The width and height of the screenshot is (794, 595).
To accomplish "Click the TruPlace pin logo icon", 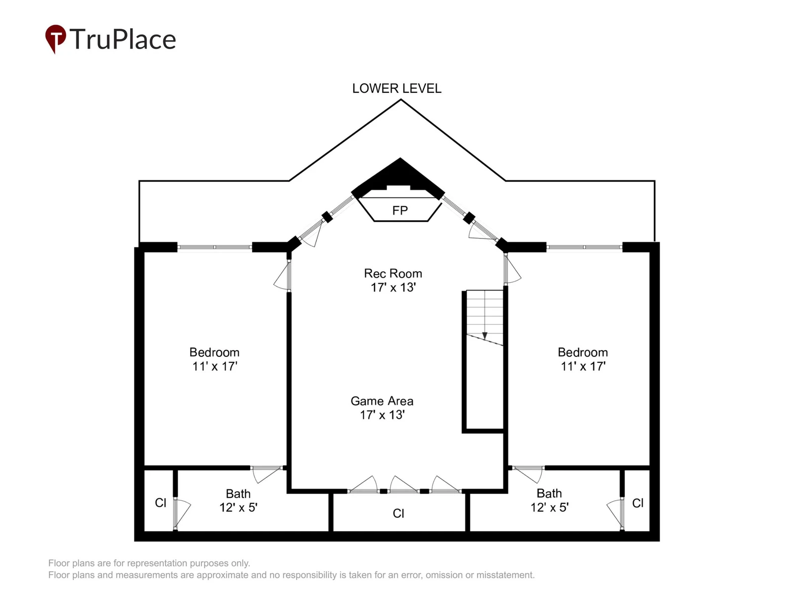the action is click(56, 38).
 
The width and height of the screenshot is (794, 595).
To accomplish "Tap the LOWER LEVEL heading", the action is click(397, 89).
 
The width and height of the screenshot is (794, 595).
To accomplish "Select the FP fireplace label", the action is click(399, 210).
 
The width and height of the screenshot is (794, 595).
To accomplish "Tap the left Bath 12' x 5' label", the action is click(238, 500).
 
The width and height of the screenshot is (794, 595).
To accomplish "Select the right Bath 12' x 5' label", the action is click(549, 500).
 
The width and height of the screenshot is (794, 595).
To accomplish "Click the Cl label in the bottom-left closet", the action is click(161, 502).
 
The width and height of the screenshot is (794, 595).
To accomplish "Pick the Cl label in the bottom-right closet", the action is click(638, 503).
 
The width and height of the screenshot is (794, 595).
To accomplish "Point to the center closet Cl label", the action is click(398, 513).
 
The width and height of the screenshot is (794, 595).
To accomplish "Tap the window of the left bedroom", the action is click(214, 247).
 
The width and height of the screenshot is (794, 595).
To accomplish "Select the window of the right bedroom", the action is click(584, 247).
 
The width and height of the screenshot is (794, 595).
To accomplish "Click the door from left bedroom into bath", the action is click(266, 473).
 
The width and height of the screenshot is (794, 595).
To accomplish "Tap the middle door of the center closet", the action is click(403, 485).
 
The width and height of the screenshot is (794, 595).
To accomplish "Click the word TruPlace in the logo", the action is click(123, 39).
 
